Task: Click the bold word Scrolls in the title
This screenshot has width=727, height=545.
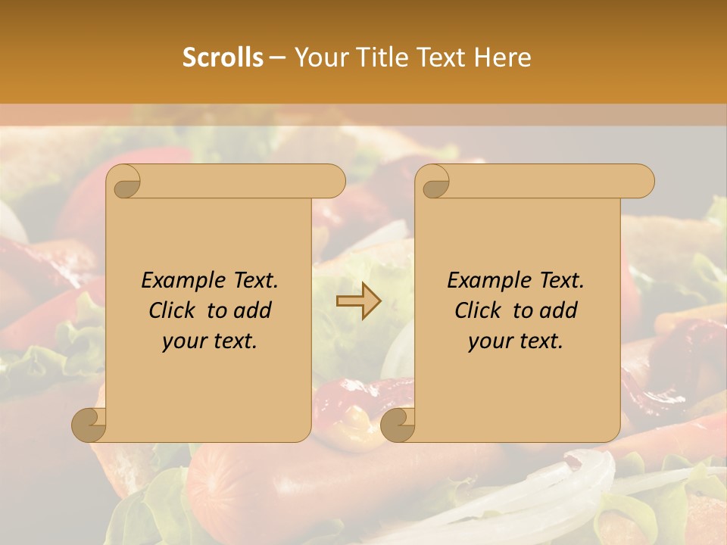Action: [x=223, y=58]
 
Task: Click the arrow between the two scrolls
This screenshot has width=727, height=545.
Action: [x=358, y=301]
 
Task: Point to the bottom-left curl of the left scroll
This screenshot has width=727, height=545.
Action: [x=89, y=424]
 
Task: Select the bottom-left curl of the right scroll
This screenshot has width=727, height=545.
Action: [x=398, y=424]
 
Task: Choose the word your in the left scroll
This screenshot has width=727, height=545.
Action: [x=184, y=341]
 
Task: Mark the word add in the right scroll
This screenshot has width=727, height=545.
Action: [x=559, y=310]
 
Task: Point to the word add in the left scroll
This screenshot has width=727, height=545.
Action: [x=253, y=310]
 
